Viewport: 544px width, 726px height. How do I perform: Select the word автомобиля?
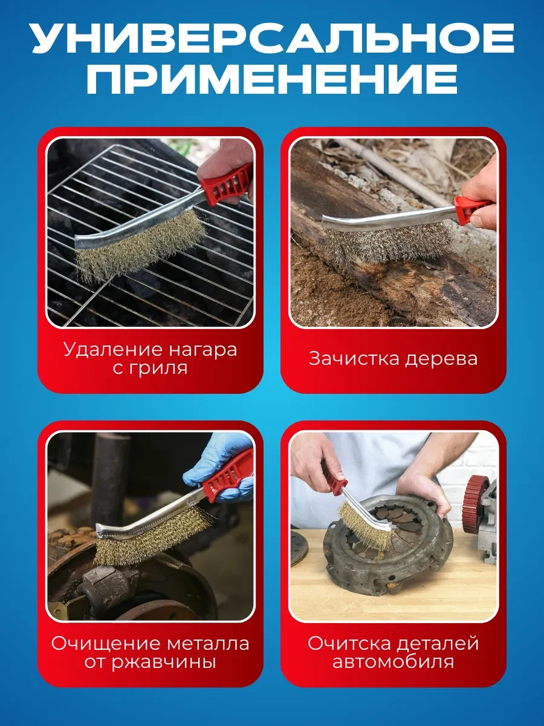pyautogui.click(x=393, y=662)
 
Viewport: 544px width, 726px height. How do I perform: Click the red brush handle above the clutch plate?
pyautogui.click(x=336, y=481)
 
